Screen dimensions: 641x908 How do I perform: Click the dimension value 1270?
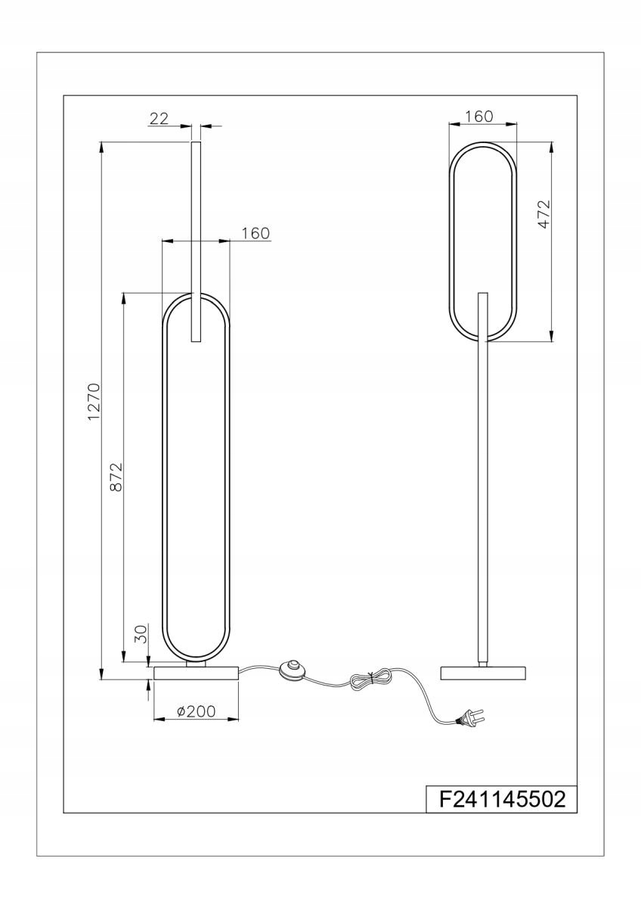(94, 402)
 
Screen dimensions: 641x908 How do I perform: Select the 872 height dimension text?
(116, 477)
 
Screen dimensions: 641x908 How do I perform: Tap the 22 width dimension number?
(159, 119)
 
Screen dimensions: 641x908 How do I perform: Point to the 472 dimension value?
(545, 214)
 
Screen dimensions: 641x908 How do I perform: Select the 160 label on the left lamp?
(255, 233)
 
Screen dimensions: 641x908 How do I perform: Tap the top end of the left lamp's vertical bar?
(196, 142)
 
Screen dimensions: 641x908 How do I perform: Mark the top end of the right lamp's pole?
(483, 293)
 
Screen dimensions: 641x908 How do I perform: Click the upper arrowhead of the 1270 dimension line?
(101, 147)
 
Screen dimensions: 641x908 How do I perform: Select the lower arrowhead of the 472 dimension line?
(552, 337)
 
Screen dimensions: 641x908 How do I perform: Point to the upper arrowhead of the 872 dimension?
(123, 298)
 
